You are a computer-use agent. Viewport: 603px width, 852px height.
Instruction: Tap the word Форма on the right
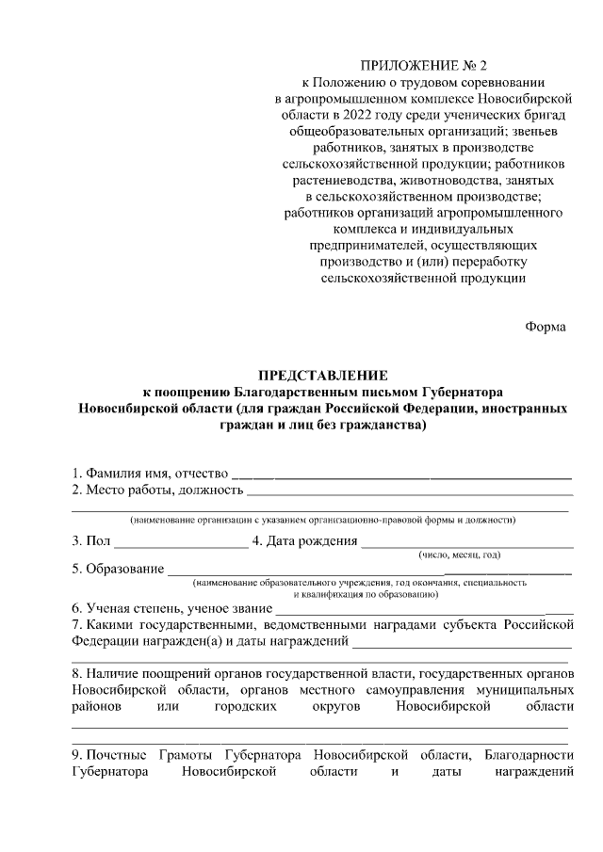coord(546,327)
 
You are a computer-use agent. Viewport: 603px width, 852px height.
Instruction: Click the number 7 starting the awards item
coord(75,625)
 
